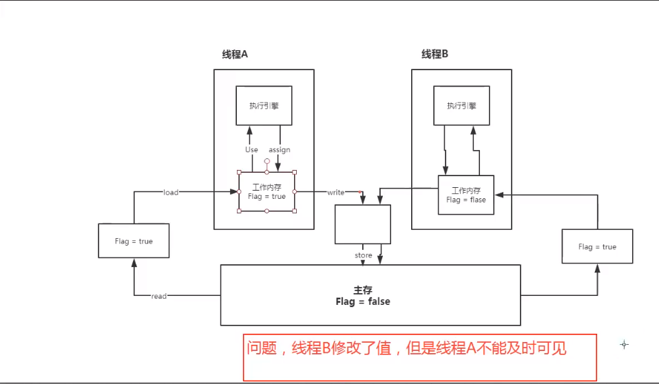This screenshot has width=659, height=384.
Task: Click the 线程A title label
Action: tap(235, 55)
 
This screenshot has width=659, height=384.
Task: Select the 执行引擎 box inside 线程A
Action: tap(264, 105)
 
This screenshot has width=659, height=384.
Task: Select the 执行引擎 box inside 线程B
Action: tap(461, 105)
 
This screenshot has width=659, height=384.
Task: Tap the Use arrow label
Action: tap(251, 149)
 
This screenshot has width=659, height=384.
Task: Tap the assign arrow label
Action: tap(280, 149)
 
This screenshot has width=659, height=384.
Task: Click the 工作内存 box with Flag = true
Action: tap(266, 191)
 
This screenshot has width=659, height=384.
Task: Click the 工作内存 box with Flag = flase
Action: tap(466, 195)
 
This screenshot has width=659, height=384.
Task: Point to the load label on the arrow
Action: tap(171, 193)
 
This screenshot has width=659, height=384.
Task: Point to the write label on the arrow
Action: tap(335, 193)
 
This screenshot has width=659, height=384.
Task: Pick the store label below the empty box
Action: tap(364, 255)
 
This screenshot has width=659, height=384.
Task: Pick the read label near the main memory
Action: tap(159, 296)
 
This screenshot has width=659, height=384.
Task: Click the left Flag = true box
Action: tap(134, 242)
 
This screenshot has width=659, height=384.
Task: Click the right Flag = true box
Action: tap(597, 246)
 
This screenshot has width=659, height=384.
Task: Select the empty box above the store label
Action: tap(363, 224)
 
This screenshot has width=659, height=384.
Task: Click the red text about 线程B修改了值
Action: tap(406, 349)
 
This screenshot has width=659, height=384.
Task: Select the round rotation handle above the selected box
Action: tap(266, 161)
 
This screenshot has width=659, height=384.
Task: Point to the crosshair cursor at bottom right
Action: tap(624, 344)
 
